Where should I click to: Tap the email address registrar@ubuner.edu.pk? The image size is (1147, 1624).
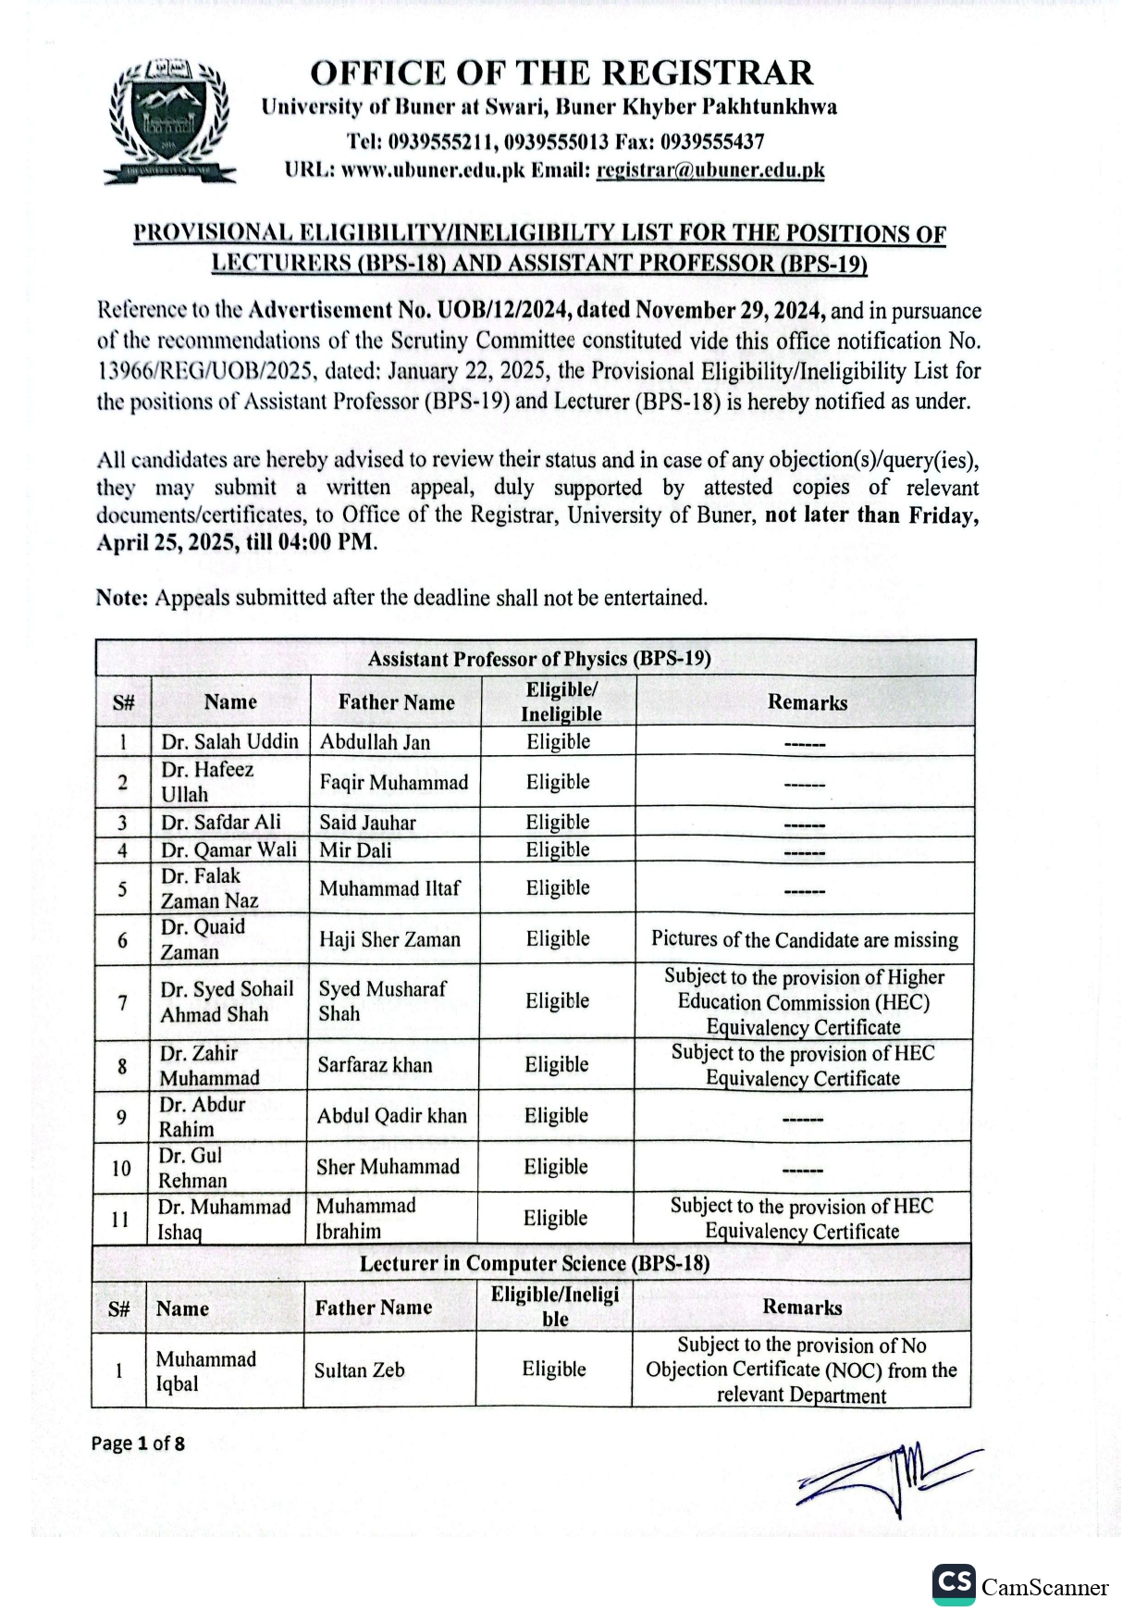point(710,170)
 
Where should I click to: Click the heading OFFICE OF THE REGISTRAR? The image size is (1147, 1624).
point(561,73)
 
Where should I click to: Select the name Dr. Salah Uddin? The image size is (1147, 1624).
point(229,742)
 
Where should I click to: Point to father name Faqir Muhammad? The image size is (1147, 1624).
point(394,783)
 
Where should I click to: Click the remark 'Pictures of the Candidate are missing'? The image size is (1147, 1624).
point(804,940)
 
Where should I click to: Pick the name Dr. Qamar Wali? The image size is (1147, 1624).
point(228,850)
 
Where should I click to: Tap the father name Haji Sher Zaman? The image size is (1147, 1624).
point(389,940)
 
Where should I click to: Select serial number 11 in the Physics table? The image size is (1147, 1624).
point(120,1219)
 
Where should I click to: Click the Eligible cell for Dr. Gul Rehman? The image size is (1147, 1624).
point(556,1167)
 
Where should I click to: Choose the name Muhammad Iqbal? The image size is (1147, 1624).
point(205,1371)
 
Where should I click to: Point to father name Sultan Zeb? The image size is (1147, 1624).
point(359,1370)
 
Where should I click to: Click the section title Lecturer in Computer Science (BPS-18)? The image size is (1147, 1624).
point(535,1264)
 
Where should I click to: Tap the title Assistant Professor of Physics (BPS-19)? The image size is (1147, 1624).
point(539,659)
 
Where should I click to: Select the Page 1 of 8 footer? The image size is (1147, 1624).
point(138,1444)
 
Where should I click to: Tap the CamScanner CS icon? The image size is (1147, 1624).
point(954,1584)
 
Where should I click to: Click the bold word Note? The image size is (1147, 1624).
point(122,598)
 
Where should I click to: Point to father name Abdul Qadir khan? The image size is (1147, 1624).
point(392,1116)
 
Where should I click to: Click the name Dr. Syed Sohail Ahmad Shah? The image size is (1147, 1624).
point(227,1002)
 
